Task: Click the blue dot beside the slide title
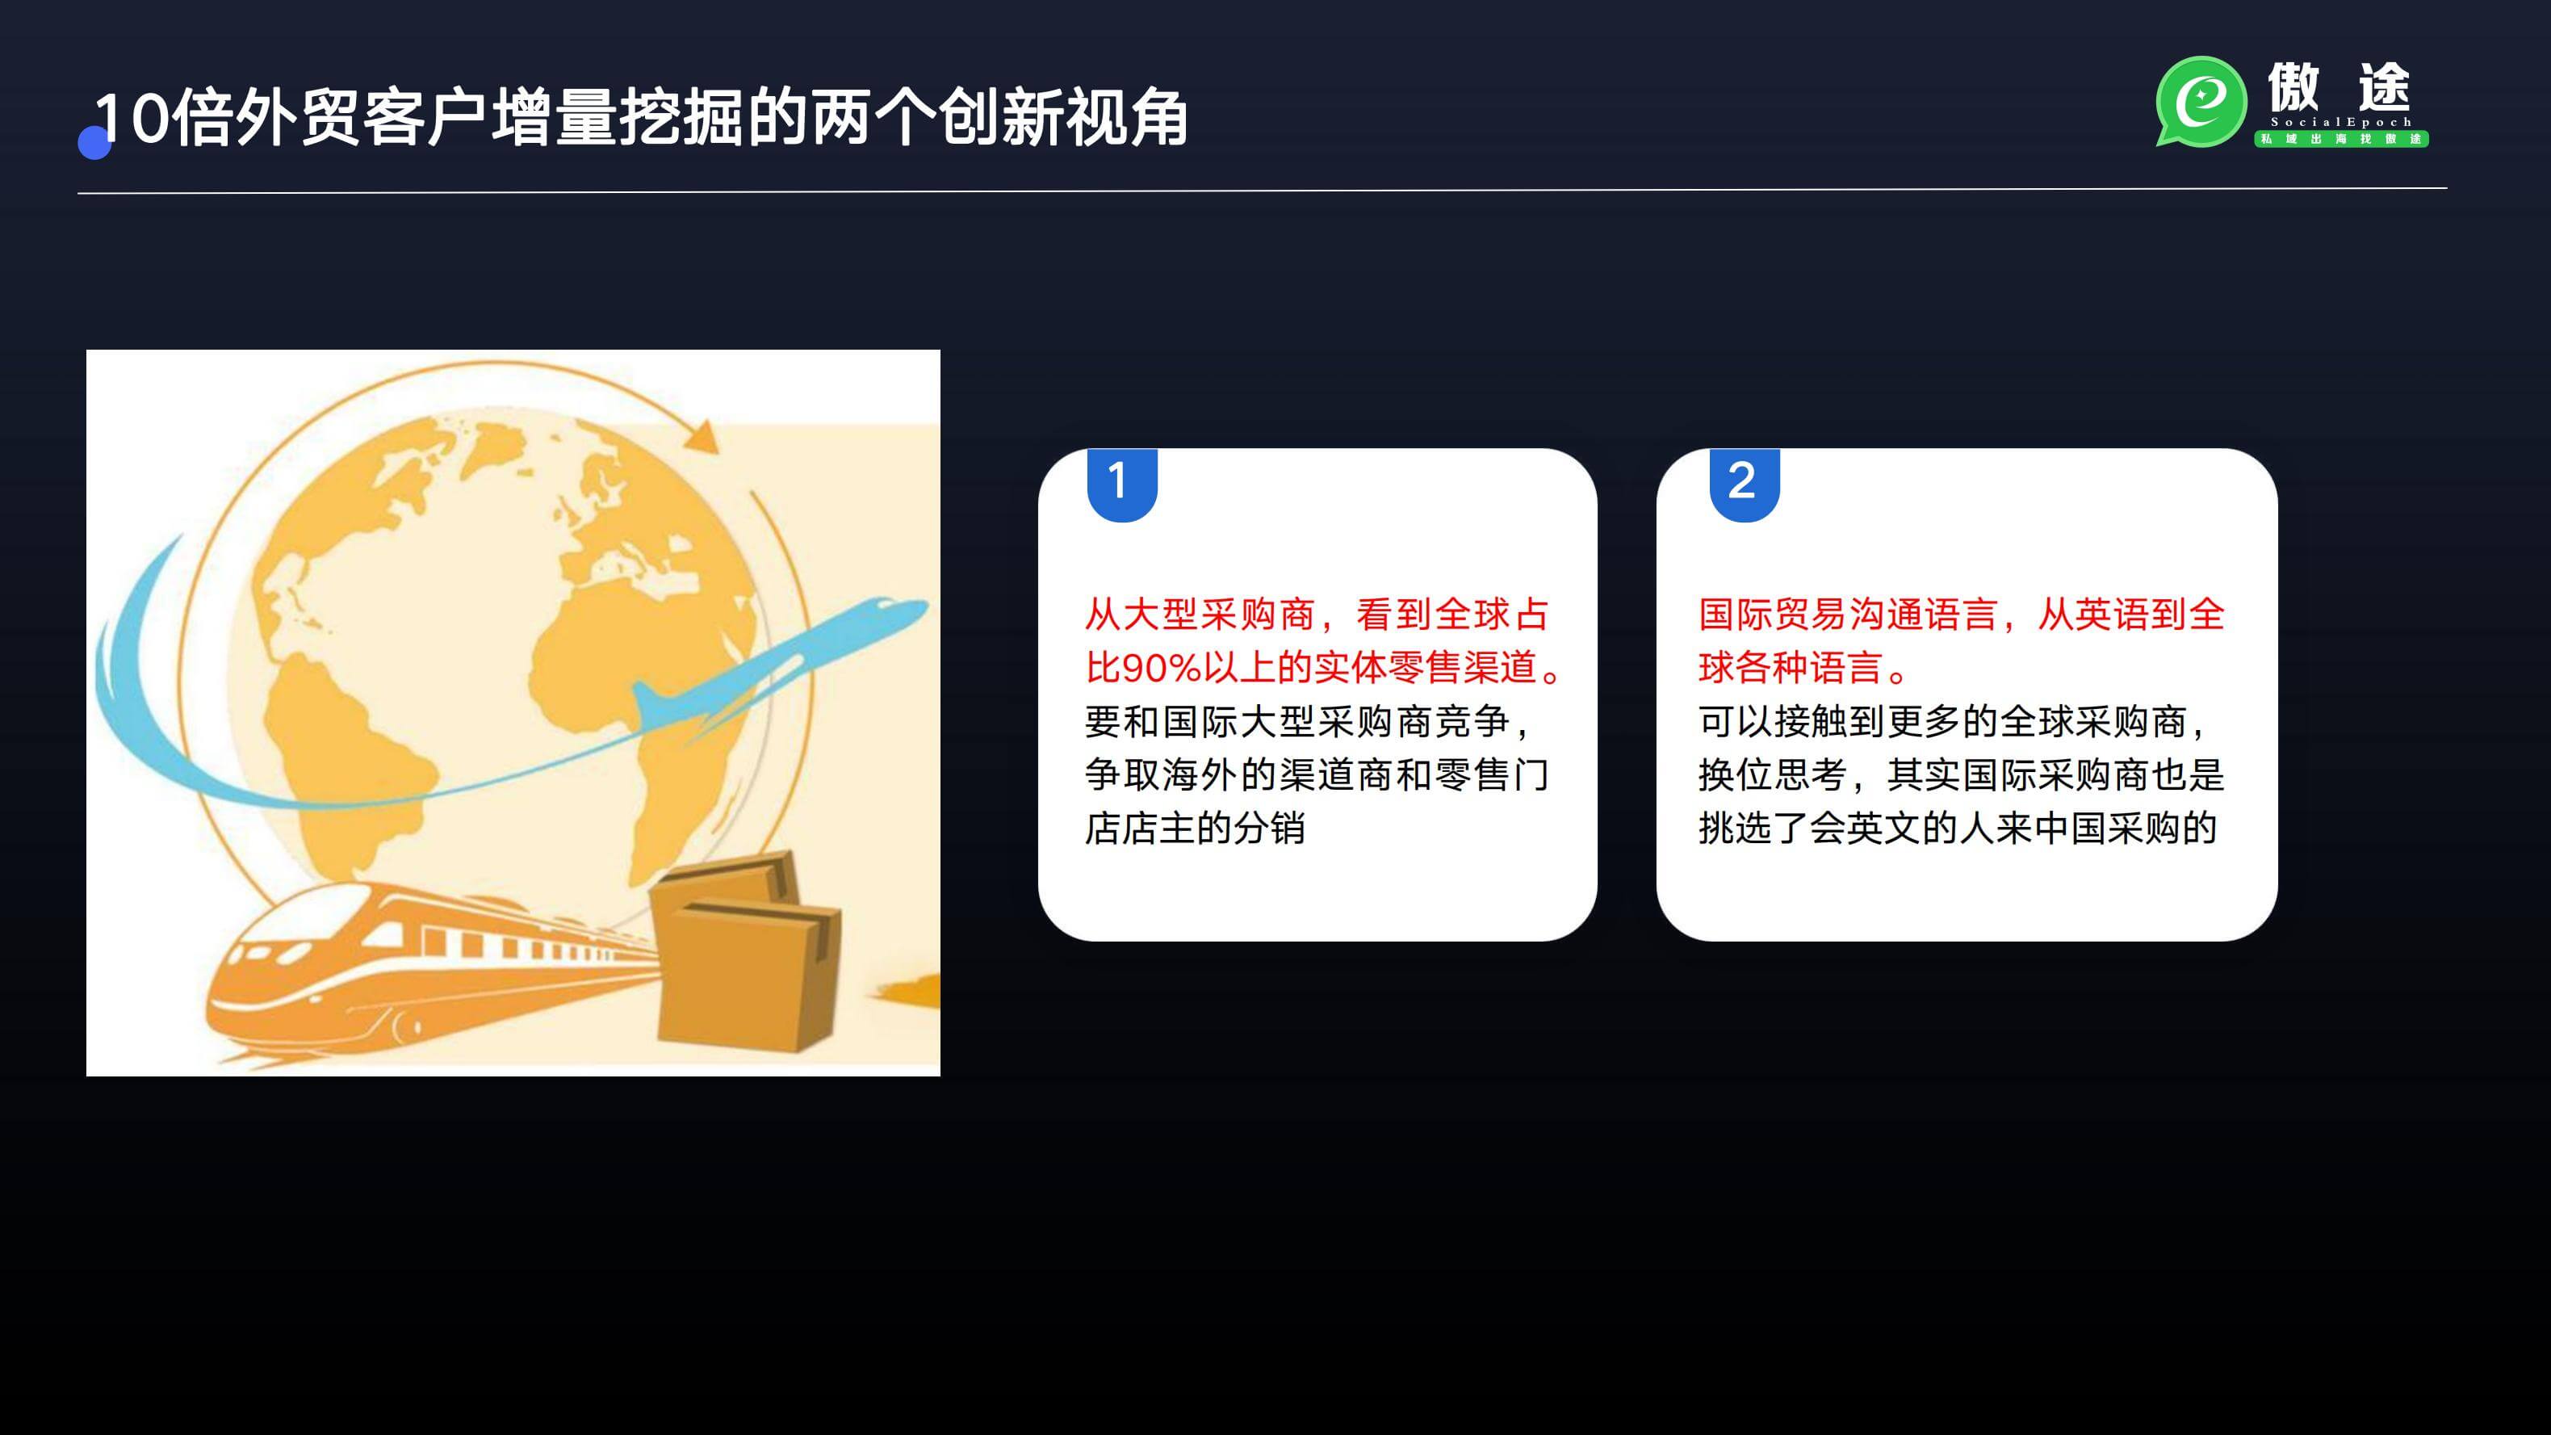pos(94,143)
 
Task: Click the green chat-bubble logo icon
pos(2201,101)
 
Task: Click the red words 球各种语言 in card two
pos(1790,669)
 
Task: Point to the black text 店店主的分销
pos(1196,829)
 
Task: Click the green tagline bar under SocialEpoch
pos(2341,139)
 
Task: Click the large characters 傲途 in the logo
pos(2339,87)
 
